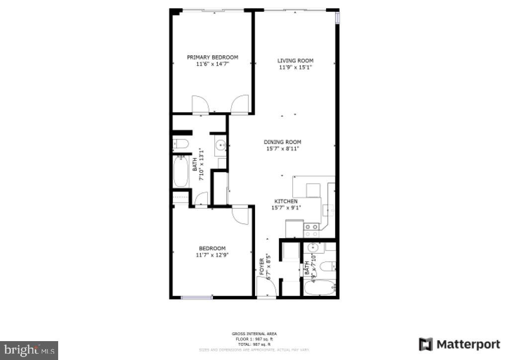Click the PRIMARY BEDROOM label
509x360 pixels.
pyautogui.click(x=212, y=57)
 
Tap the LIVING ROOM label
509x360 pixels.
pyautogui.click(x=295, y=61)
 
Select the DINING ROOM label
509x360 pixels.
pyautogui.click(x=282, y=142)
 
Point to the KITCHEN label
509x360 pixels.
pyautogui.click(x=285, y=201)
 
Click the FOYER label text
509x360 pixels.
pyautogui.click(x=262, y=268)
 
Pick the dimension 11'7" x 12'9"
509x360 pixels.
pyautogui.click(x=212, y=255)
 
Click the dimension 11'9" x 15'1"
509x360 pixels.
pyautogui.click(x=295, y=67)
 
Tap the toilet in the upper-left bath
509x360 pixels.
pyautogui.click(x=180, y=144)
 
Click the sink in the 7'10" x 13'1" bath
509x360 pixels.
pyautogui.click(x=221, y=145)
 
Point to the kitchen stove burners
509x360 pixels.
pyautogui.click(x=311, y=229)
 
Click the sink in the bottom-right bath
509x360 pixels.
pyautogui.click(x=313, y=248)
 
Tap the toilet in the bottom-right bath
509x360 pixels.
pyautogui.click(x=328, y=267)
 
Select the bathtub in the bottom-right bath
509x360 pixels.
pyautogui.click(x=320, y=287)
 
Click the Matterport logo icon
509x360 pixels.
pyautogui.click(x=425, y=344)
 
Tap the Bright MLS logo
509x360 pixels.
pyautogui.click(x=29, y=350)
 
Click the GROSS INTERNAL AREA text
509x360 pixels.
pyautogui.click(x=254, y=334)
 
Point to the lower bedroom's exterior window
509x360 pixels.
pyautogui.click(x=197, y=298)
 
